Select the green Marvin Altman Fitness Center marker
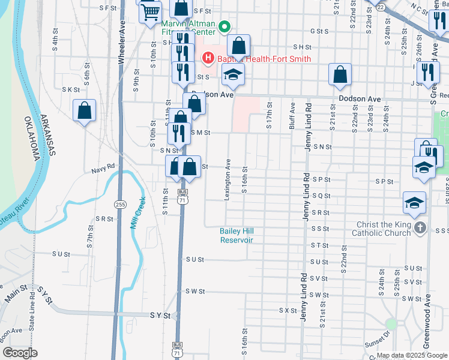pyautogui.click(x=224, y=26)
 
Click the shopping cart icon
pyautogui.click(x=150, y=11)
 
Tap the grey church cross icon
pyautogui.click(x=420, y=228)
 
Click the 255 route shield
pyautogui.click(x=121, y=203)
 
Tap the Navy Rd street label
pyautogui.click(x=102, y=167)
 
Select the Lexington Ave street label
pyautogui.click(x=228, y=180)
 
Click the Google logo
pyautogui.click(x=20, y=353)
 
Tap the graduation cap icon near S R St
pyautogui.click(x=414, y=203)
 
